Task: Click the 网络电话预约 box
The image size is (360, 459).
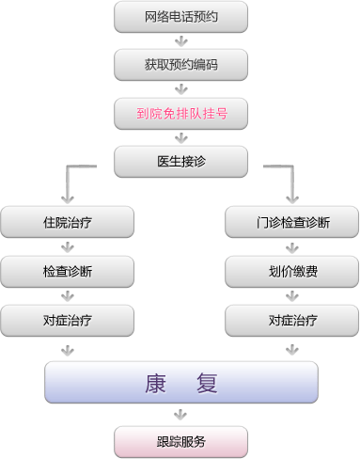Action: click(x=180, y=16)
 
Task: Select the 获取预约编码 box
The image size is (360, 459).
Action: click(x=180, y=65)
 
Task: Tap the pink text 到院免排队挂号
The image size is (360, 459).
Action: click(x=180, y=114)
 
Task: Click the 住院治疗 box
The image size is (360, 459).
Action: click(x=67, y=223)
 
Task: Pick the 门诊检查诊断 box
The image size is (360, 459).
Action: click(x=292, y=223)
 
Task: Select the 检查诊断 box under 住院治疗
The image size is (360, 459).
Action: click(x=67, y=272)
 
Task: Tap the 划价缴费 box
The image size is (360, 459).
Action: click(x=292, y=272)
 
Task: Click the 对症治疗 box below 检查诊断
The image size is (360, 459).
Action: click(x=67, y=320)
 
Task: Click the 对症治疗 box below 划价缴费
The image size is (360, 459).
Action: click(x=292, y=320)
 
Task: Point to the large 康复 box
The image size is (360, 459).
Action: click(x=180, y=383)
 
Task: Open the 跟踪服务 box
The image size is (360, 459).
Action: click(x=180, y=441)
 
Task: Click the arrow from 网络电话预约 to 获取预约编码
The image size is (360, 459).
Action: click(x=180, y=40)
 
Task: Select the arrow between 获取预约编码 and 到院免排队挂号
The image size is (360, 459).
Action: click(x=180, y=89)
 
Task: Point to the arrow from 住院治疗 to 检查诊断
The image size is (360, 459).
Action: click(x=67, y=247)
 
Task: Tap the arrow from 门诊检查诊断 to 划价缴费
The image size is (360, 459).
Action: click(x=292, y=247)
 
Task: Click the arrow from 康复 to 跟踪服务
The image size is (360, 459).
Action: click(x=180, y=414)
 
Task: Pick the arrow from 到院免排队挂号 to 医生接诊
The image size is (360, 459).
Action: click(x=180, y=137)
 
